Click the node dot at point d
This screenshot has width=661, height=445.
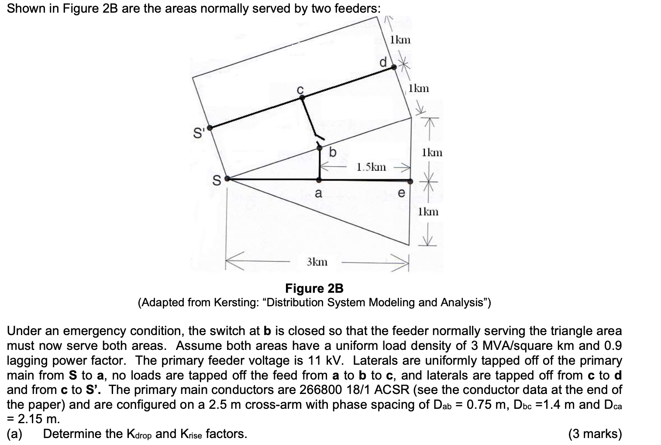click(x=393, y=67)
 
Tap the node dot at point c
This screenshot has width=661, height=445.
click(x=301, y=98)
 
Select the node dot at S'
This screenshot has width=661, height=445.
click(x=210, y=128)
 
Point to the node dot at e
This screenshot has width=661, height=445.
click(x=410, y=181)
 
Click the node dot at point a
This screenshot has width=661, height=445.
click(x=319, y=180)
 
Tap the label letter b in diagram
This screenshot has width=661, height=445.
click(x=333, y=153)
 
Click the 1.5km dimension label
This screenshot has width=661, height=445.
click(x=371, y=167)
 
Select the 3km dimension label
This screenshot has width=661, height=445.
click(x=317, y=262)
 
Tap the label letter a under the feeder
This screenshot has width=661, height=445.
click(x=318, y=193)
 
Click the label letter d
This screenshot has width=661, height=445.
click(x=383, y=62)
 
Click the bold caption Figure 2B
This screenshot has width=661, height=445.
click(x=314, y=288)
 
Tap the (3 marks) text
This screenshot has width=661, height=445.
click(x=595, y=434)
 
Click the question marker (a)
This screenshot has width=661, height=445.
click(x=15, y=434)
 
